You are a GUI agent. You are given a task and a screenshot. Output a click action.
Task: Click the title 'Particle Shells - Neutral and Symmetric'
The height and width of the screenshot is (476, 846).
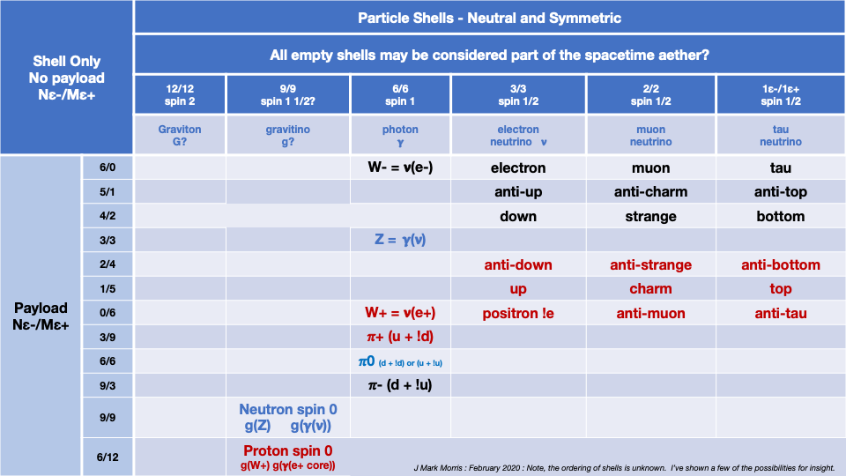489,18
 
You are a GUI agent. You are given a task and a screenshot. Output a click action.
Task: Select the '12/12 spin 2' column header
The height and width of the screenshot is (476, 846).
180,95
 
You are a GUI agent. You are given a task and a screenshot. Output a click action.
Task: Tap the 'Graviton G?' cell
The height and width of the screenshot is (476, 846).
180,135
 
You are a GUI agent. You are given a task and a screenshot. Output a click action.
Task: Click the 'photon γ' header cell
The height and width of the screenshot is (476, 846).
400,135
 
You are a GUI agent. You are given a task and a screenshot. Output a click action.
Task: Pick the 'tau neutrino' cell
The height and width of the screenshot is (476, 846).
780,135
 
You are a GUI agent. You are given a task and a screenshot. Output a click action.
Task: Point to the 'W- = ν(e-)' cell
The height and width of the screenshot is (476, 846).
400,167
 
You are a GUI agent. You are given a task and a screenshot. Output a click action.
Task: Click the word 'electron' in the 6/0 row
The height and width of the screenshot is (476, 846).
517,167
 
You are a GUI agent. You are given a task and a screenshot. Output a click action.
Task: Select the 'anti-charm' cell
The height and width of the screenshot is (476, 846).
650,191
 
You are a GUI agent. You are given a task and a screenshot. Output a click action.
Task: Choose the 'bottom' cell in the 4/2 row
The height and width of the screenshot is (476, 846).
780,216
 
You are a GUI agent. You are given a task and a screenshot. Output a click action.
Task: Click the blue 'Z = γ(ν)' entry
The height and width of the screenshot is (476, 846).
400,240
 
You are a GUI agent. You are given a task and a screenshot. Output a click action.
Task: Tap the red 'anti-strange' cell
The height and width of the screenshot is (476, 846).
650,264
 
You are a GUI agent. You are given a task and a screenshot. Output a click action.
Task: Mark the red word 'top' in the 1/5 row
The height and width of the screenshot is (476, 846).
780,288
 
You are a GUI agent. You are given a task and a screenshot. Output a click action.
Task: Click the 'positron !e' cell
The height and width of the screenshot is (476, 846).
517,313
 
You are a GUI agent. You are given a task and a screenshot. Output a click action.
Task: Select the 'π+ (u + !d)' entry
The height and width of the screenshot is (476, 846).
400,337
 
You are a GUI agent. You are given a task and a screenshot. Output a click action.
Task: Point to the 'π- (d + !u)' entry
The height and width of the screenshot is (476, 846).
400,385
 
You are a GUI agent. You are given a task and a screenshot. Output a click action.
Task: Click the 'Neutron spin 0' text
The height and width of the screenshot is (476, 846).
287,409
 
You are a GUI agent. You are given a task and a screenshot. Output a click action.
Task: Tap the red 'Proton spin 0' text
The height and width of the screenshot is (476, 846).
287,450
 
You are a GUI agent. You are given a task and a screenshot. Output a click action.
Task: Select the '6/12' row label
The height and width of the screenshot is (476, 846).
107,457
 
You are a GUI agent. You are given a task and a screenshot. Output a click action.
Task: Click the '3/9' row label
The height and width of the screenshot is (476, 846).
107,337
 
